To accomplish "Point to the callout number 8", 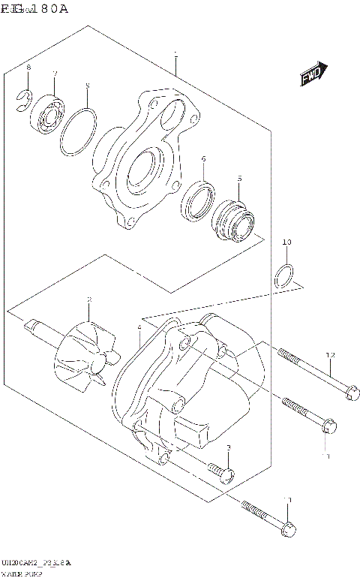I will coord(28,68).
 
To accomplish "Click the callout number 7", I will coord(55,73).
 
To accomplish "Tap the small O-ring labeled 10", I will coord(283,275).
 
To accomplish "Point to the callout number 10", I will coord(286,242).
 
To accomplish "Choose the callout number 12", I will coord(330,354).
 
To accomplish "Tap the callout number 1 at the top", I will coord(175,54).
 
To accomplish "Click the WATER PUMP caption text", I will coord(22,573).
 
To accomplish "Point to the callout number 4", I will coord(139,328).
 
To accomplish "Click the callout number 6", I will coord(202,159).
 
